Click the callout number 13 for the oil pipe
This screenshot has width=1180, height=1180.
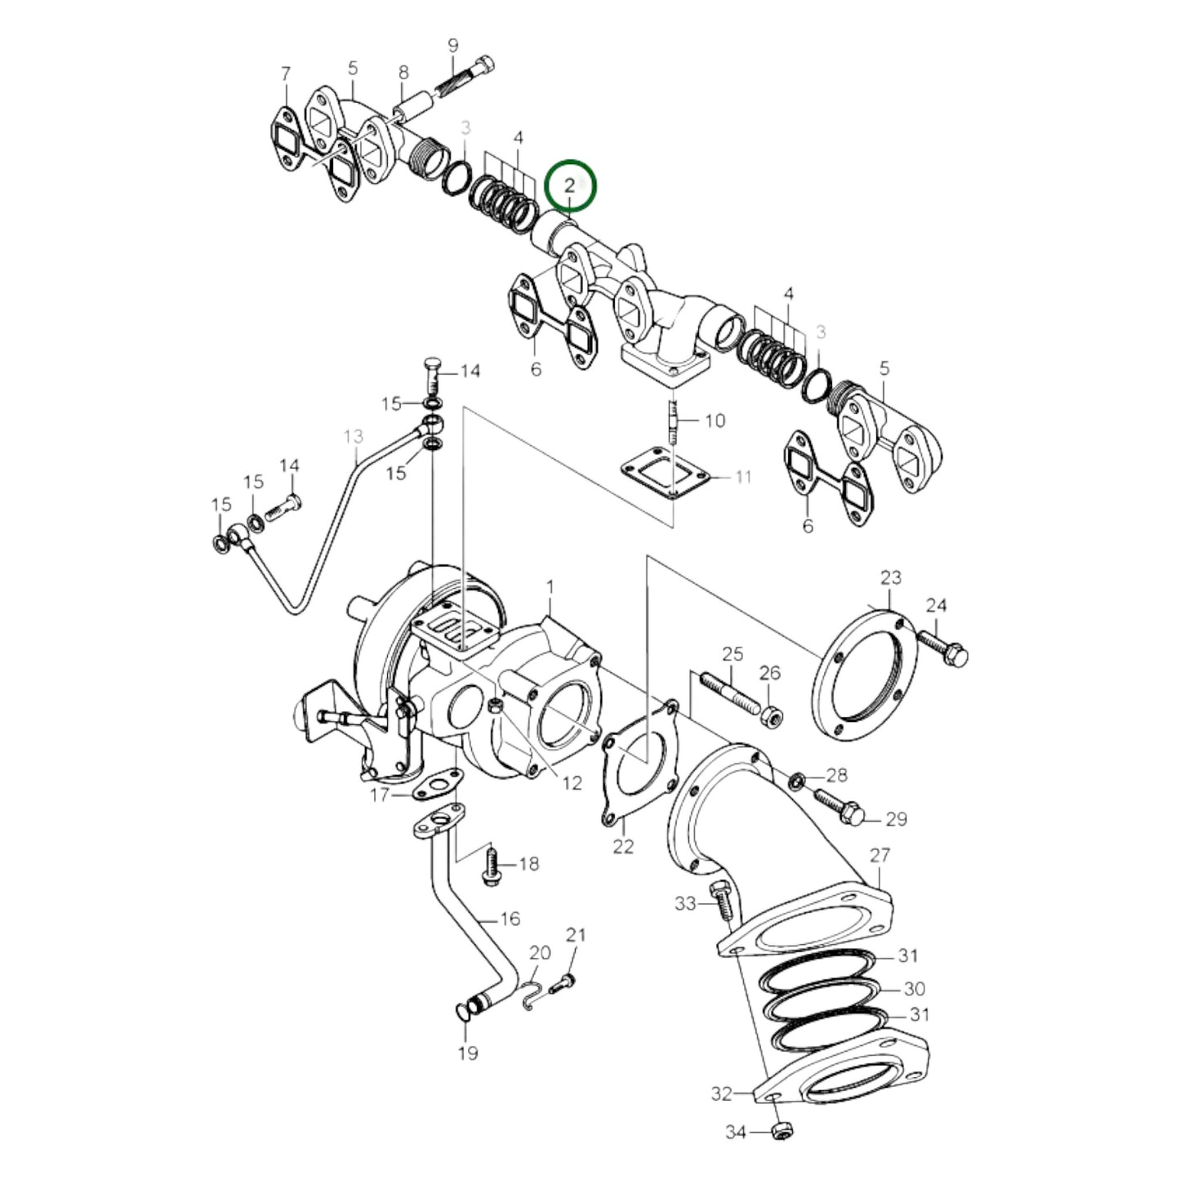353,437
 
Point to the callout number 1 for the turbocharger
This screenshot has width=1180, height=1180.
550,586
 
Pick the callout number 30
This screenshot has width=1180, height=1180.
914,989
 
